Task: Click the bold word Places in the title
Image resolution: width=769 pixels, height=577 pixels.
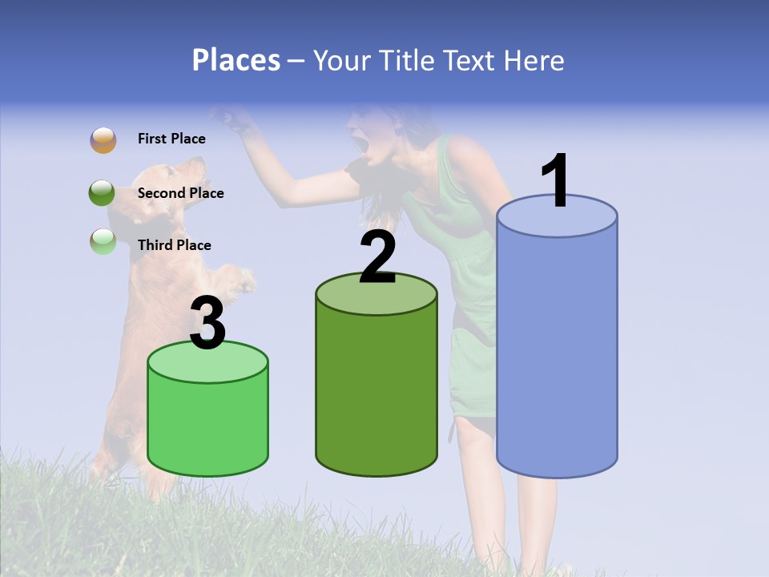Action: (236, 60)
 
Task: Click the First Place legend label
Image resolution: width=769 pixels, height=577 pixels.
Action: (171, 139)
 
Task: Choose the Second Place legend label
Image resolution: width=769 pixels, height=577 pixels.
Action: (180, 193)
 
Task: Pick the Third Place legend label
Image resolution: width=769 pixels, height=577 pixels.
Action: (174, 245)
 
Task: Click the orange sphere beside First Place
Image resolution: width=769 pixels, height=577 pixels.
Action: (103, 140)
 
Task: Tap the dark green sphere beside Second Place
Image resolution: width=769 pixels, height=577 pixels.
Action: (103, 193)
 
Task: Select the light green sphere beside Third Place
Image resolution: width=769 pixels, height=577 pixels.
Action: (103, 241)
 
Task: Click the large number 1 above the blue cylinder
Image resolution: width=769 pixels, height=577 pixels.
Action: (555, 180)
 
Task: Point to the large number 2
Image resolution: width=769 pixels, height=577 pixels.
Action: (377, 256)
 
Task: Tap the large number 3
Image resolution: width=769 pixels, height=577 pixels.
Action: (208, 322)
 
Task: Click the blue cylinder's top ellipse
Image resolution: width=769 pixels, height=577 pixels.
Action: (557, 216)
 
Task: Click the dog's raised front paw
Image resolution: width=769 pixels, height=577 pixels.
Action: (240, 280)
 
